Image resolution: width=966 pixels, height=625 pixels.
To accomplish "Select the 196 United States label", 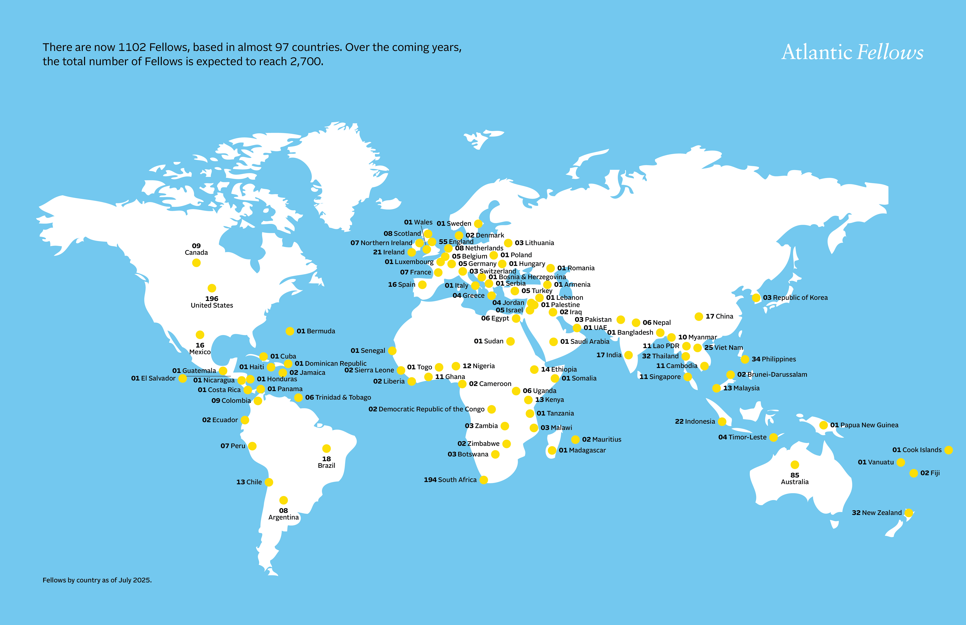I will click(212, 302).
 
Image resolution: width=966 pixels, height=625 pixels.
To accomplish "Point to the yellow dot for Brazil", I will click(326, 448).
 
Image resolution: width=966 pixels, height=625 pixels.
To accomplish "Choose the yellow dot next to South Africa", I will click(483, 480).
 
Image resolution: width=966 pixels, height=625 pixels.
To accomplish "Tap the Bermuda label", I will click(316, 331).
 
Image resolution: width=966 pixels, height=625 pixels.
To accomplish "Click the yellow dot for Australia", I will click(795, 465).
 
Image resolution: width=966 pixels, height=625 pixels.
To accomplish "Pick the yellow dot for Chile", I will click(269, 482).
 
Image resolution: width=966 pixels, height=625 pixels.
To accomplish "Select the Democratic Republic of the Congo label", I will click(426, 409).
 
